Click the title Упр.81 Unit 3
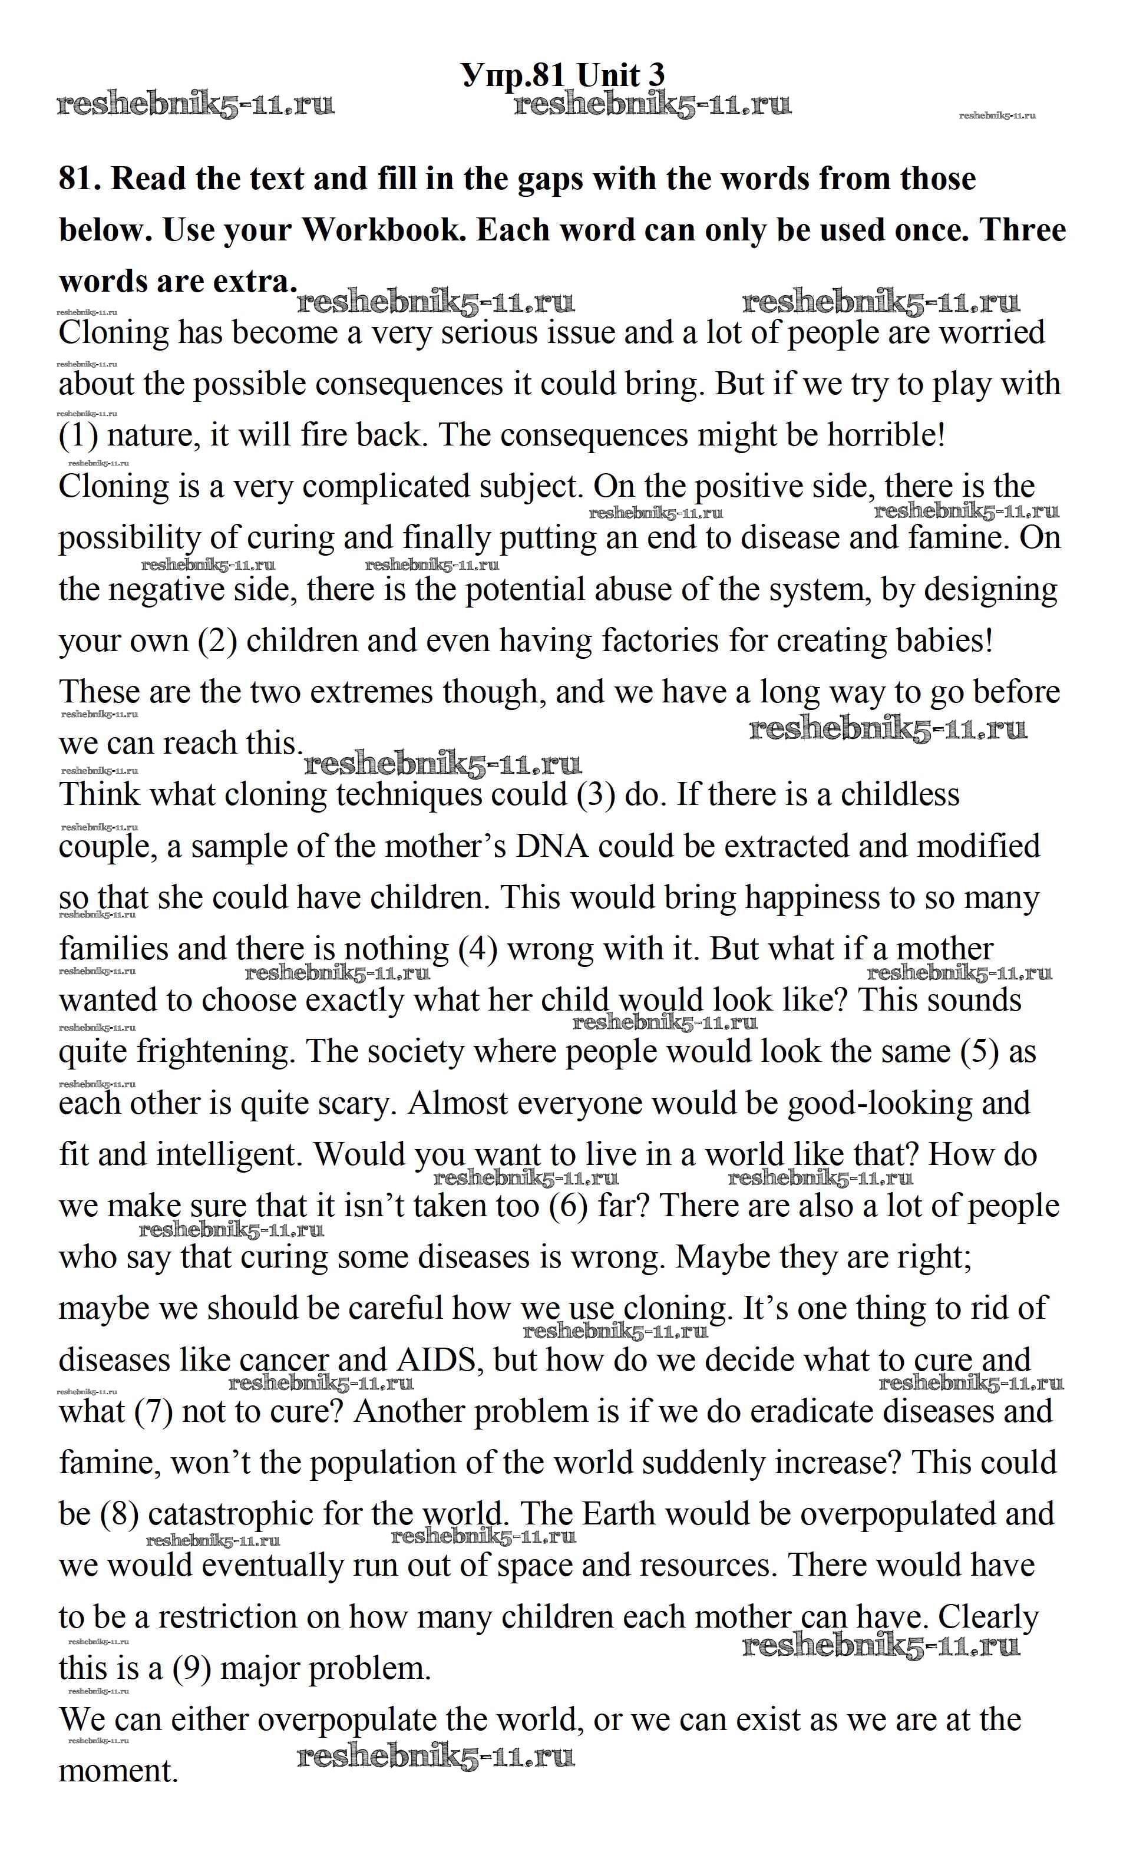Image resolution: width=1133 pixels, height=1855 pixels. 563,76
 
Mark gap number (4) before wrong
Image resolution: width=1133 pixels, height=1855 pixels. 478,950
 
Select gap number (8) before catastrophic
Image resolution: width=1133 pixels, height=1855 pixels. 120,1515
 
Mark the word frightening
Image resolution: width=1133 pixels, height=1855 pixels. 214,1052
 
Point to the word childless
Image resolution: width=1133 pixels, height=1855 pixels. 900,796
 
